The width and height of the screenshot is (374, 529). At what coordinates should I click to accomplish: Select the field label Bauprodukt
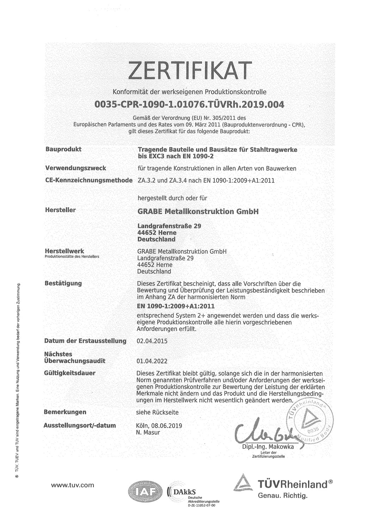click(63, 149)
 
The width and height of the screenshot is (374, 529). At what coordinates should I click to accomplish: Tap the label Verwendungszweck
click(75, 168)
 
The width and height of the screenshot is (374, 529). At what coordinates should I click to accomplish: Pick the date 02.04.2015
click(152, 341)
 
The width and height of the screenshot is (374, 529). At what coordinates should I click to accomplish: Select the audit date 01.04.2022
click(152, 361)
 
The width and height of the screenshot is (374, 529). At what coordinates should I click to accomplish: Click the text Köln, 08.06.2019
click(159, 426)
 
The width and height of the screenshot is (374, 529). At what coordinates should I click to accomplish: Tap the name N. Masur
click(148, 432)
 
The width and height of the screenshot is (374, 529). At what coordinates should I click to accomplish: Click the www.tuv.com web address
click(73, 485)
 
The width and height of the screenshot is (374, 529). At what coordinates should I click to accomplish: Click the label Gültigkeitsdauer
click(70, 373)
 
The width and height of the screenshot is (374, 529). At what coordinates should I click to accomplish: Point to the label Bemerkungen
click(65, 412)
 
